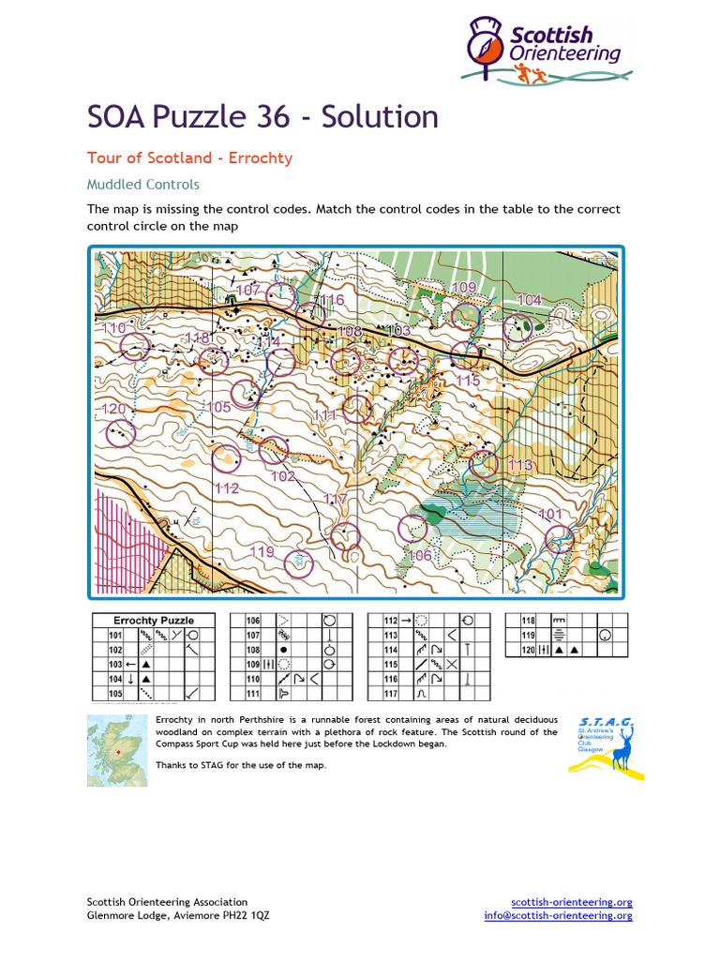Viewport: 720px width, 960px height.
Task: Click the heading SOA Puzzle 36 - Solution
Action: (262, 117)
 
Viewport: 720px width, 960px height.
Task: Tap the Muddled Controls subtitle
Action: (142, 185)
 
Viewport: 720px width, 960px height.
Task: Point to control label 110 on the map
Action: (113, 328)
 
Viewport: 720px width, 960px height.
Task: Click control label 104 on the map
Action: (529, 300)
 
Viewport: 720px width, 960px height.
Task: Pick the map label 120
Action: (112, 409)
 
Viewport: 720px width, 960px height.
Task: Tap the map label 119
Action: (262, 551)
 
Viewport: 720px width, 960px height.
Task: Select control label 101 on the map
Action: (551, 514)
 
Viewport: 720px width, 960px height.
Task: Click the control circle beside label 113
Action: (484, 464)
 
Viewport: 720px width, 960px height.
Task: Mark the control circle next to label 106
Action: (412, 529)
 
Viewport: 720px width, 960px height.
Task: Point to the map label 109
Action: (464, 287)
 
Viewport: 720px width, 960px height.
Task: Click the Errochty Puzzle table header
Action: (154, 621)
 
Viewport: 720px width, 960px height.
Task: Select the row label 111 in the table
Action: (253, 694)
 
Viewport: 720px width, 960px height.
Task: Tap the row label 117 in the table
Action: (392, 694)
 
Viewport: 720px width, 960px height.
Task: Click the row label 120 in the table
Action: (529, 650)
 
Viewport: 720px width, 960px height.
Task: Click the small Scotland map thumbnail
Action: (116, 749)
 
